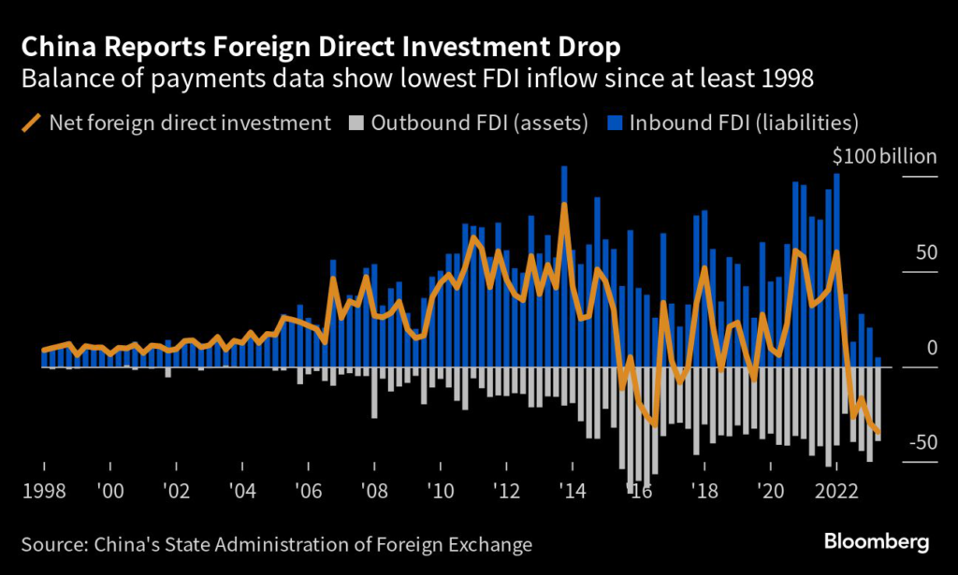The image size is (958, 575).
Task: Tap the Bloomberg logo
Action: pos(876,541)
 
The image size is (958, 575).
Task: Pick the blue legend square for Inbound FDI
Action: pos(615,122)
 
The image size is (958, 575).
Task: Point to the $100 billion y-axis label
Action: pos(884,156)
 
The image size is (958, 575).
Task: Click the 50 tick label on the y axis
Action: pos(924,253)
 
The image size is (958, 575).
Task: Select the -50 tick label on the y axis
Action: pos(921,442)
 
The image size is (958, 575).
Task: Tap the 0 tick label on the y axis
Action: pos(930,348)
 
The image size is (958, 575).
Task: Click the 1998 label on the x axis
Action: pos(43,491)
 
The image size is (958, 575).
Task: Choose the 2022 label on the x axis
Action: pos(834,491)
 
